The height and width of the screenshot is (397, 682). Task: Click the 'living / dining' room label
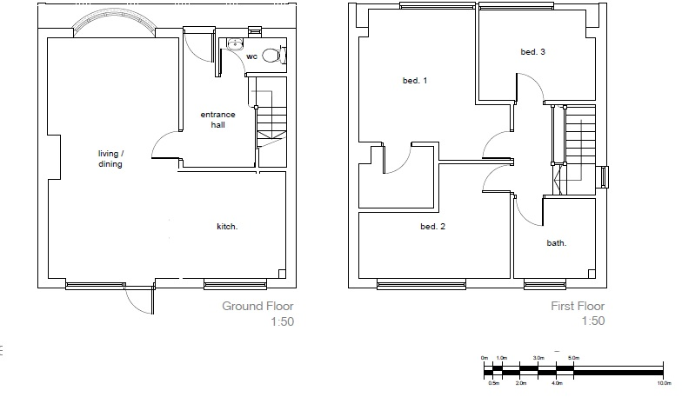(x=110, y=159)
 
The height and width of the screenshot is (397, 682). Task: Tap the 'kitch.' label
(x=227, y=227)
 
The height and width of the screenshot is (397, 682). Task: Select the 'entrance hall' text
(x=217, y=120)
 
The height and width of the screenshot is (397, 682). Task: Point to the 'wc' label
(x=251, y=56)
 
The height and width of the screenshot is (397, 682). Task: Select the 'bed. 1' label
(x=415, y=81)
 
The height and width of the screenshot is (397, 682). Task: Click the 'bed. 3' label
(x=532, y=52)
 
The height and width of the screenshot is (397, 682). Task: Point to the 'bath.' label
(x=557, y=243)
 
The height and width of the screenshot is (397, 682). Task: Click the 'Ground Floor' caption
(x=257, y=306)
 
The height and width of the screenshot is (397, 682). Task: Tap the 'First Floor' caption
(x=578, y=306)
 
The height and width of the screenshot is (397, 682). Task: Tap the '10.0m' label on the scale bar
(x=664, y=382)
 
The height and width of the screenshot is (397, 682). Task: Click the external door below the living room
(x=139, y=297)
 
